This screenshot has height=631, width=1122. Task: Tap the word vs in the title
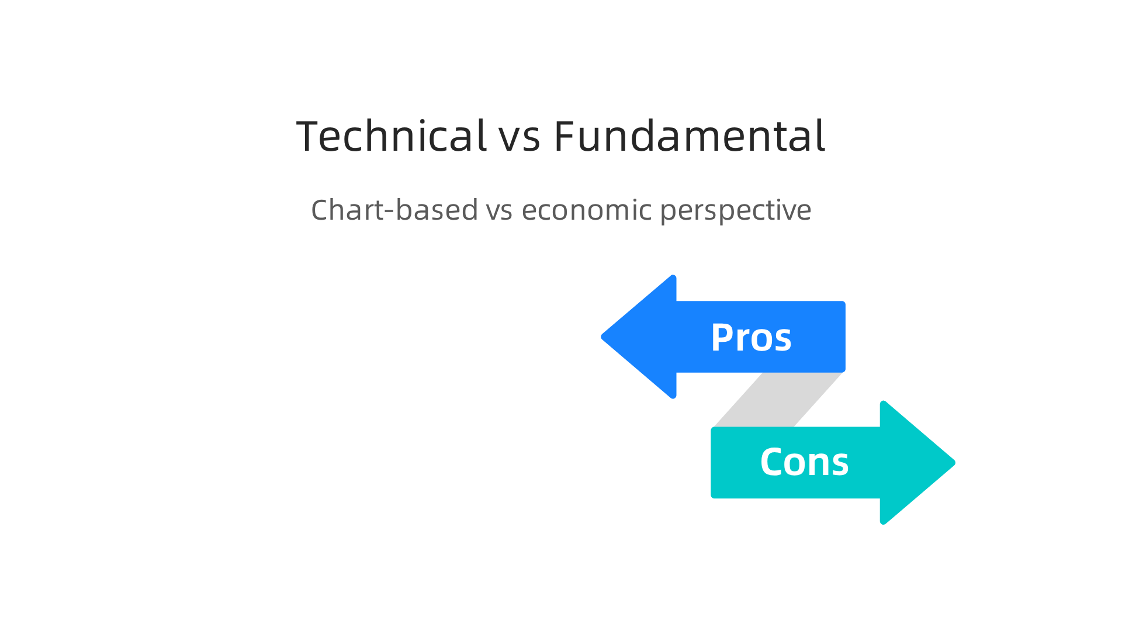click(519, 139)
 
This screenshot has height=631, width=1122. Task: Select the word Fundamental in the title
click(690, 136)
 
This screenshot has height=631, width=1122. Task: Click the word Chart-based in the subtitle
click(394, 210)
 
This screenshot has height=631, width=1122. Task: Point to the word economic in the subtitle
click(586, 210)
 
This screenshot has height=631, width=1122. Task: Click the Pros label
click(751, 338)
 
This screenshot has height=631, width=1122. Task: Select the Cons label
click(804, 462)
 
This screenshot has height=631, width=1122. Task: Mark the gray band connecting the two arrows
click(777, 400)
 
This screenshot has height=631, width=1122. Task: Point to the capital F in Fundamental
click(564, 136)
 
